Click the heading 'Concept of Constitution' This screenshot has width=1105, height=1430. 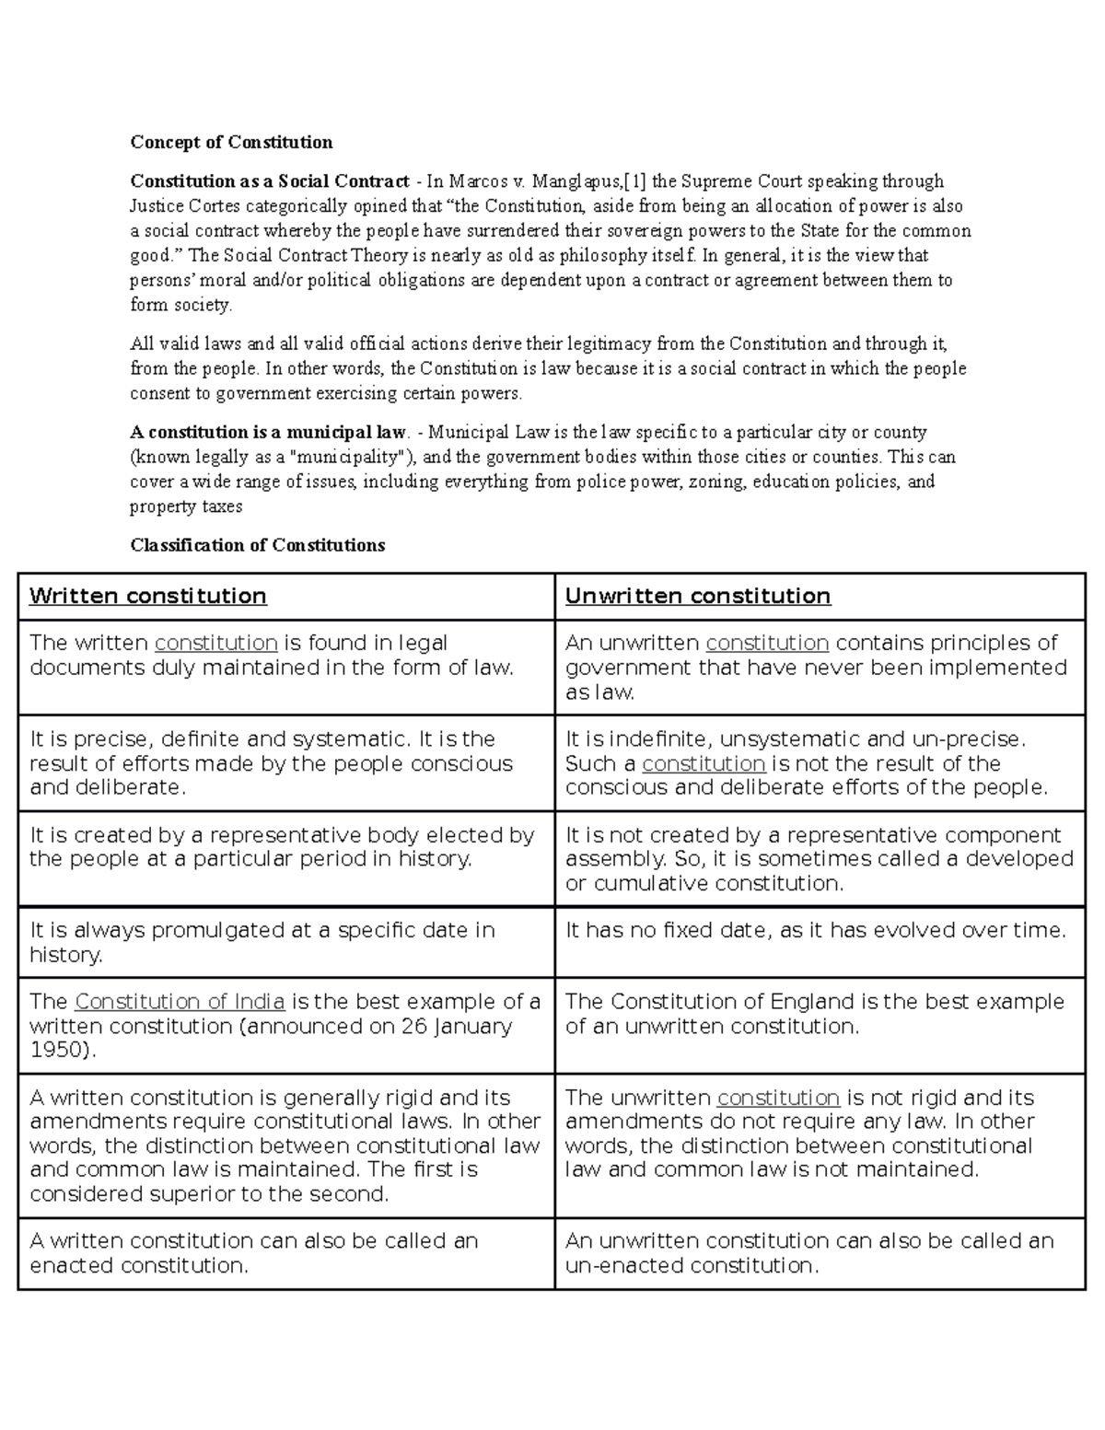[x=231, y=142]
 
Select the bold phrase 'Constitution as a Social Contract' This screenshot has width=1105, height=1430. [x=270, y=181]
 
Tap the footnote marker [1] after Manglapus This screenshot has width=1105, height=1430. [x=634, y=181]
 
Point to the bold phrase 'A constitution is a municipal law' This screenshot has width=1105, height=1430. [x=268, y=432]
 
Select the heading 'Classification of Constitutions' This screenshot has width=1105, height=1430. [x=258, y=545]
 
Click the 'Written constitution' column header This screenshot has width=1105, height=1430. [x=148, y=596]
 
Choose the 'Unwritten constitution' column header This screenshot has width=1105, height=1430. [x=698, y=596]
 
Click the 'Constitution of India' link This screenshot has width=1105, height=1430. [x=180, y=1001]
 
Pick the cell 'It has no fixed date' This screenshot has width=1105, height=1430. [x=815, y=930]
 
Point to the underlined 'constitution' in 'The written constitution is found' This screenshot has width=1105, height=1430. [x=216, y=643]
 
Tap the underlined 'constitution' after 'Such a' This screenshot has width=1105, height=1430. [x=704, y=763]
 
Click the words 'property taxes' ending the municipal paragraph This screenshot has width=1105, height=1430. [x=186, y=506]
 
